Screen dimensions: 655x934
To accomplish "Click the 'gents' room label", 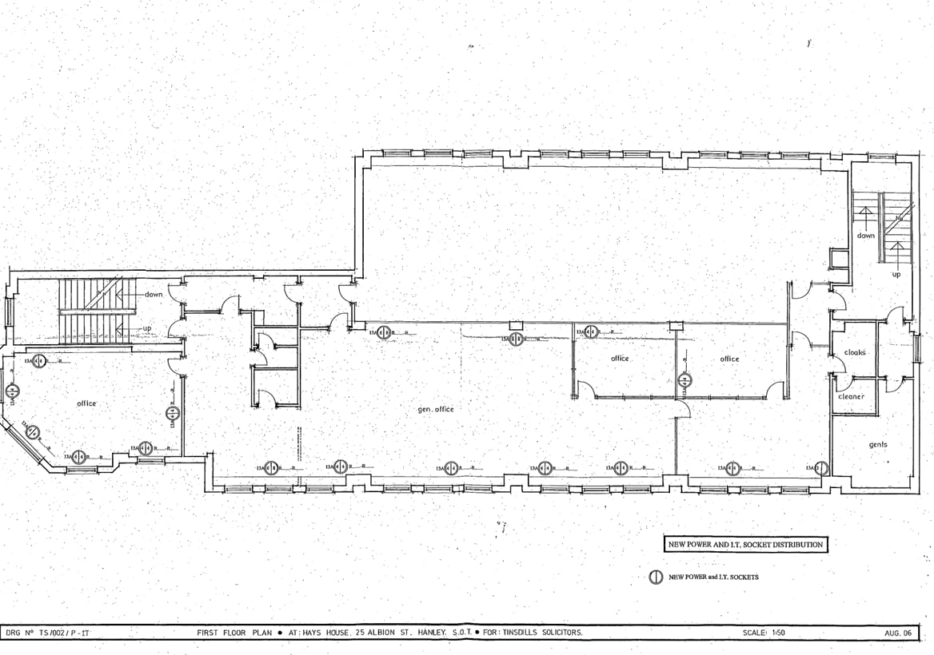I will point(877,445).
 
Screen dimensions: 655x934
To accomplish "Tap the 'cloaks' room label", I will point(855,352).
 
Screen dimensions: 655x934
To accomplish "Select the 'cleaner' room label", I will point(851,396).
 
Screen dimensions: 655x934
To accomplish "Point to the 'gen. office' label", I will point(436,409).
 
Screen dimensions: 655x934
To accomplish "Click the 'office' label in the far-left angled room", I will point(86,403).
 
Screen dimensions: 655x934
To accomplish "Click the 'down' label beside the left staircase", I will point(154,294).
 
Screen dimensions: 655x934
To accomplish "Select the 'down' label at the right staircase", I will point(865,236).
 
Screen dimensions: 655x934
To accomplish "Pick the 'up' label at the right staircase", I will point(896,274).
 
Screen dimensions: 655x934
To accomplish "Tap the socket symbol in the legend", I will point(654,578).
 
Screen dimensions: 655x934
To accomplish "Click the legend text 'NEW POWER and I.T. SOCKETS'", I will point(713,578).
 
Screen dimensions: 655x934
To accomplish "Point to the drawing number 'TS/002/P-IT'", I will point(59,633).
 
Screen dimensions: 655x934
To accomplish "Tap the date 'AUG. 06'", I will point(897,633).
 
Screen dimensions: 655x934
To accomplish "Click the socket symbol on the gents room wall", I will point(820,468).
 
